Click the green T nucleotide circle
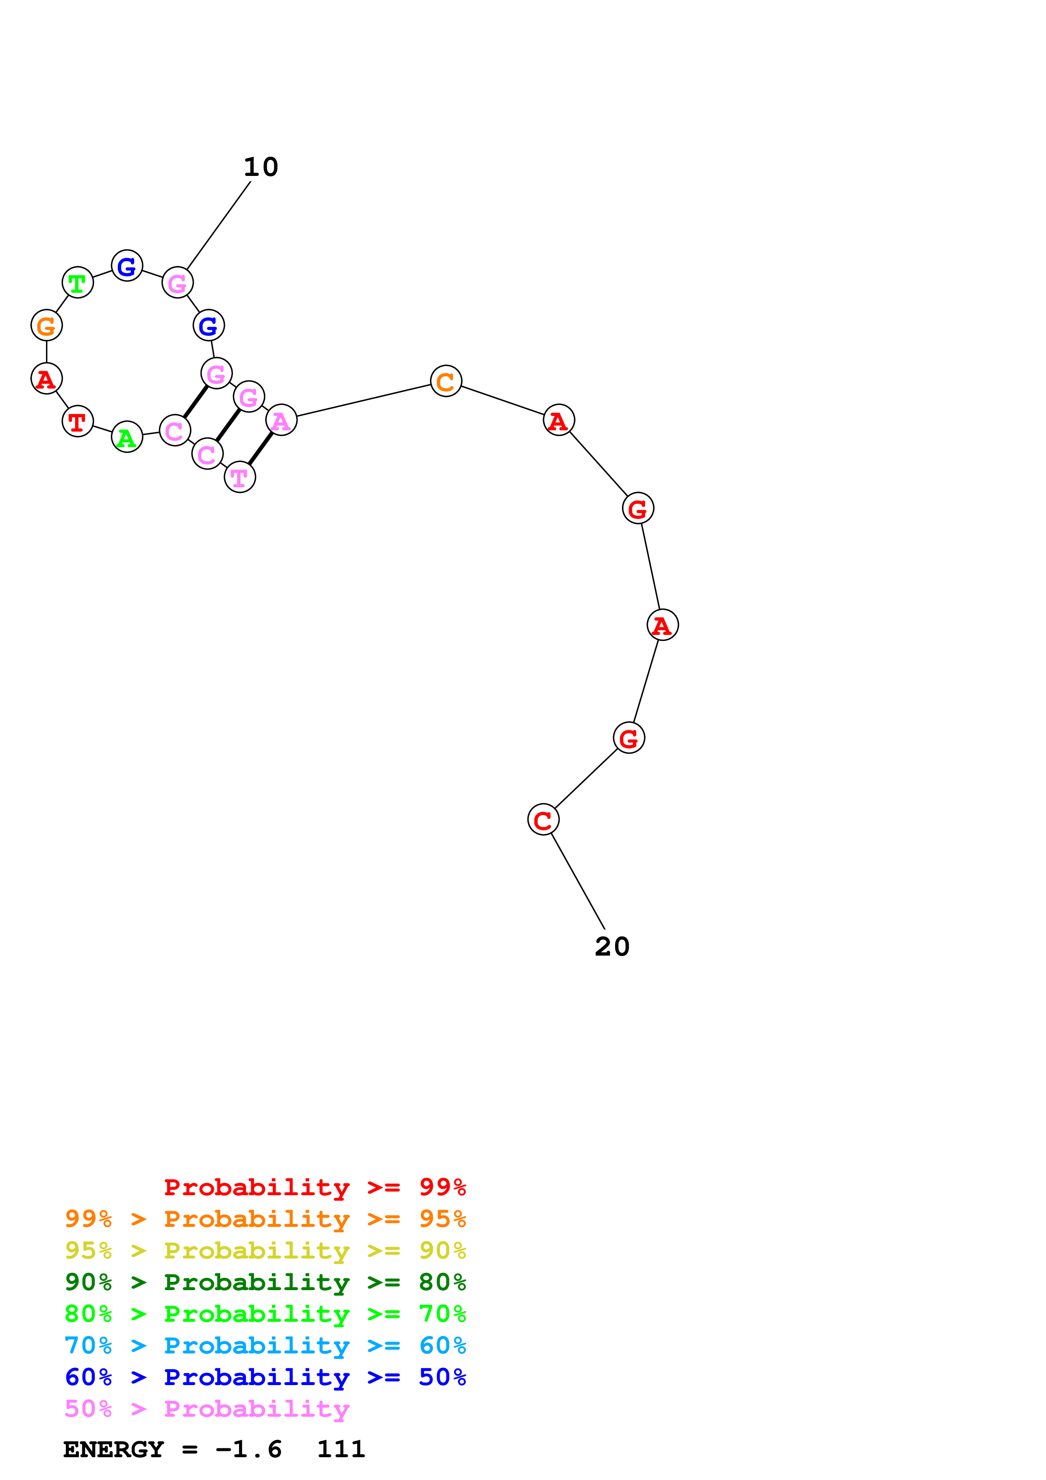coord(77,282)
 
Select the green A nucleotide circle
coord(127,437)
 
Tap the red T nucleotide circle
coord(77,421)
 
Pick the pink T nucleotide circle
coord(240,478)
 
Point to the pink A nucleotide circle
coord(281,420)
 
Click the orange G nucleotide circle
coord(46,326)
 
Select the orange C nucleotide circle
coord(446,381)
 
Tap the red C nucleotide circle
coord(543,820)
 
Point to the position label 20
coord(612,947)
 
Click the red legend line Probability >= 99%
coord(314,1187)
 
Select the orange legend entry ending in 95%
coord(265,1219)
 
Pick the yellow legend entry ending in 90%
coord(265,1250)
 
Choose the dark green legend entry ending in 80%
coord(265,1282)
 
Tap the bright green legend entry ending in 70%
coord(265,1314)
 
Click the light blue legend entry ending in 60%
coord(265,1345)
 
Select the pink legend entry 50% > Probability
coord(207,1408)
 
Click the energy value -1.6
coord(249,1449)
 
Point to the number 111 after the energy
coord(341,1449)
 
